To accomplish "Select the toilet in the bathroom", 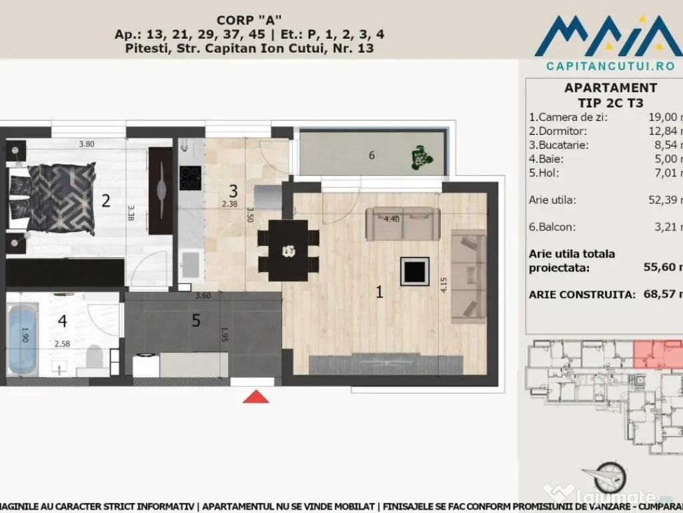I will coord(95,356).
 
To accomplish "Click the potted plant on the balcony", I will coord(420,157).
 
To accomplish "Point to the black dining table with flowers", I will coord(288,250).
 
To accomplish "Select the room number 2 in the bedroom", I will coord(105,200).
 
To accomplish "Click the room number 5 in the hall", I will coord(195,321).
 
